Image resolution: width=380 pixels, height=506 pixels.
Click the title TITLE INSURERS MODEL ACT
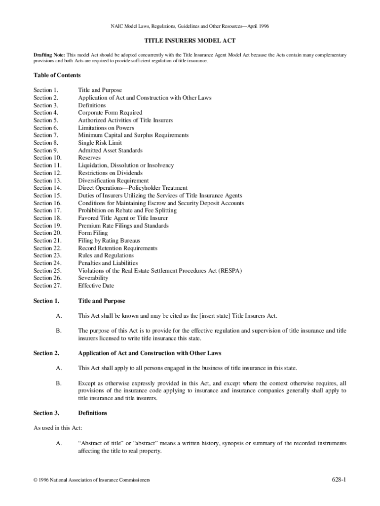click(190, 42)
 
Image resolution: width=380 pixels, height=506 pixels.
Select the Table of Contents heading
click(57, 75)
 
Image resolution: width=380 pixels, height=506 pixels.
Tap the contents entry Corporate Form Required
click(110, 113)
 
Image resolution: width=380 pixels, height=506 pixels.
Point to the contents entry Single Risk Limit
click(100, 143)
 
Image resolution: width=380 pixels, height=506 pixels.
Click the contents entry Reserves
click(89, 158)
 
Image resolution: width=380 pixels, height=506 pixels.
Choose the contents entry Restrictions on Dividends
click(110, 173)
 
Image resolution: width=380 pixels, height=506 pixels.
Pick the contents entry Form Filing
click(93, 233)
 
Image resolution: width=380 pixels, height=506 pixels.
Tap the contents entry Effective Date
click(96, 286)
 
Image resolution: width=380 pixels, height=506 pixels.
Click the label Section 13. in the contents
click(47, 180)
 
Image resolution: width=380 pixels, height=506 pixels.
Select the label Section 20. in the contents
click(47, 233)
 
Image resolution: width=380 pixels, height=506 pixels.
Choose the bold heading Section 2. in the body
click(46, 353)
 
